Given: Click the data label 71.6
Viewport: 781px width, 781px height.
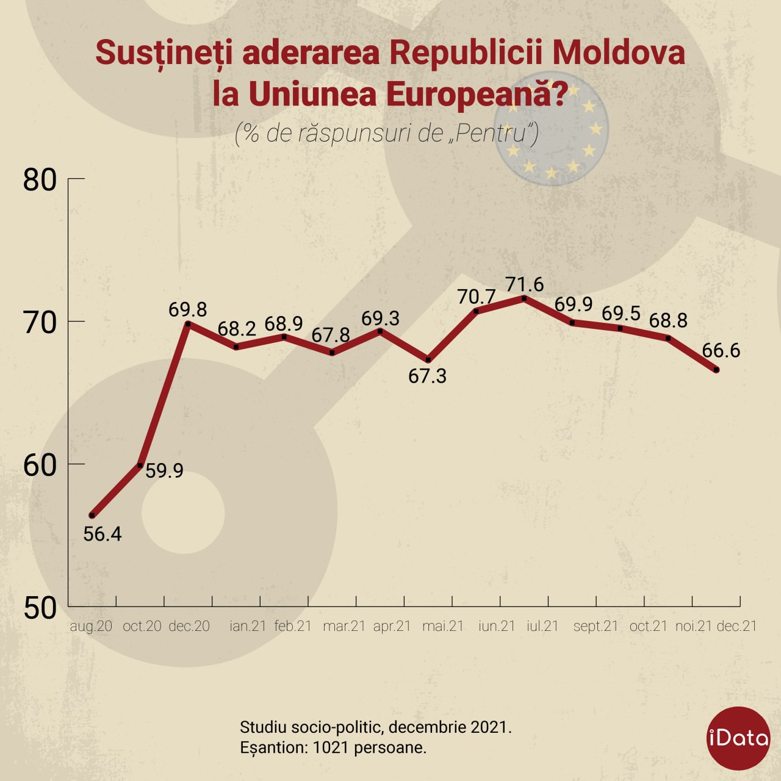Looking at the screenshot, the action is point(525,284).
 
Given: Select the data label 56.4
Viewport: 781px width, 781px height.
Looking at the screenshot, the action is point(103,534).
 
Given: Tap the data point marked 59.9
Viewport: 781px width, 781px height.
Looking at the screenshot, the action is point(140,466).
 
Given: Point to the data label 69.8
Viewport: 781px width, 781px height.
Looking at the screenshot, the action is point(188,309).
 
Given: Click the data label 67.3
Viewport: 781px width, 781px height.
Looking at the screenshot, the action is point(427,376).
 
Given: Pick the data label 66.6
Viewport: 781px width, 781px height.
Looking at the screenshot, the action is point(721,351).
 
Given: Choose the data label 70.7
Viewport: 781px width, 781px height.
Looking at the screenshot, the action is point(477,297).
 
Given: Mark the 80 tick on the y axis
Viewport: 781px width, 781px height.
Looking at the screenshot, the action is point(77,178).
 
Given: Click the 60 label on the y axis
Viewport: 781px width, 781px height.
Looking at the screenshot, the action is point(40,467).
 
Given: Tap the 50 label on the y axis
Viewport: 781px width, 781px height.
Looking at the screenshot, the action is point(40,609).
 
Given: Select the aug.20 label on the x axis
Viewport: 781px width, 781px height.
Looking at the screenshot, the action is point(91,626).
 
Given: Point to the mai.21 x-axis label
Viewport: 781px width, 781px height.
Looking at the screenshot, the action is point(443,626).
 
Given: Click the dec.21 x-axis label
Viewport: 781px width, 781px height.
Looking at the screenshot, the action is point(737,626).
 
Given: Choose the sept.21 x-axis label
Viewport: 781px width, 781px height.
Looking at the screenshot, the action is point(596,627).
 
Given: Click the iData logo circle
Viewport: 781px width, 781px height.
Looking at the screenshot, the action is point(738,738).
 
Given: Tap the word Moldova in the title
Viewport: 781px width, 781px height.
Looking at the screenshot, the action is point(619,53).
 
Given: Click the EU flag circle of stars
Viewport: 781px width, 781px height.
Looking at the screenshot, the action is point(551,129).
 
